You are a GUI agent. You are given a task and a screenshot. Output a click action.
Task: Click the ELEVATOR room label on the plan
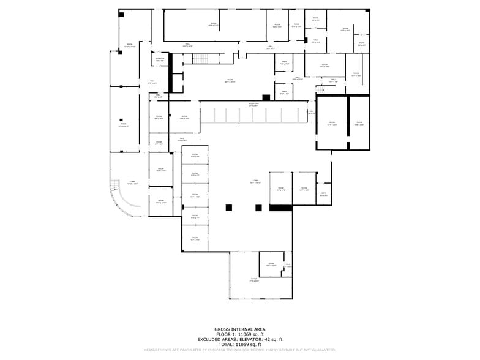160,59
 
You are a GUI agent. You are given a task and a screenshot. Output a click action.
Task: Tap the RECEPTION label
253,104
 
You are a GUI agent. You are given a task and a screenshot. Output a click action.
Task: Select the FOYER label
254,280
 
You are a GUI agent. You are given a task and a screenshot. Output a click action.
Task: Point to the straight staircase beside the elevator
201,59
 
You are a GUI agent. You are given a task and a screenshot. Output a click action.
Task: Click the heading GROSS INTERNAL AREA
239,329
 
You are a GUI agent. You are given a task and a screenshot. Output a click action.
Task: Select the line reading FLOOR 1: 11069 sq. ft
239,334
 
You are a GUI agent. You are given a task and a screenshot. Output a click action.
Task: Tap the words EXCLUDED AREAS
218,339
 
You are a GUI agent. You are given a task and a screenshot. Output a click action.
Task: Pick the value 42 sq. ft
272,339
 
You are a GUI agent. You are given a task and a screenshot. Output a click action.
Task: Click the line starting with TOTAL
239,345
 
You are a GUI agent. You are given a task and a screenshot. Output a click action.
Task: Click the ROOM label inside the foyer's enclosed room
271,264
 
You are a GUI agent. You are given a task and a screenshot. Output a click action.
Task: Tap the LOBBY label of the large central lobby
255,181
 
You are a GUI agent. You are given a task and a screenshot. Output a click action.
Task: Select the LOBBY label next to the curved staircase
132,182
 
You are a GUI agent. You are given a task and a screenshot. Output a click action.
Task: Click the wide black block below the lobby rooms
281,208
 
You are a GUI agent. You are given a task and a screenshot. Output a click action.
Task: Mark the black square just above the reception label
266,97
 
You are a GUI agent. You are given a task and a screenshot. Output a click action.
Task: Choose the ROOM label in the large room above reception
230,80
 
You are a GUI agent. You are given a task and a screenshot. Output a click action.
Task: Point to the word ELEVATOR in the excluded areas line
252,339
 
